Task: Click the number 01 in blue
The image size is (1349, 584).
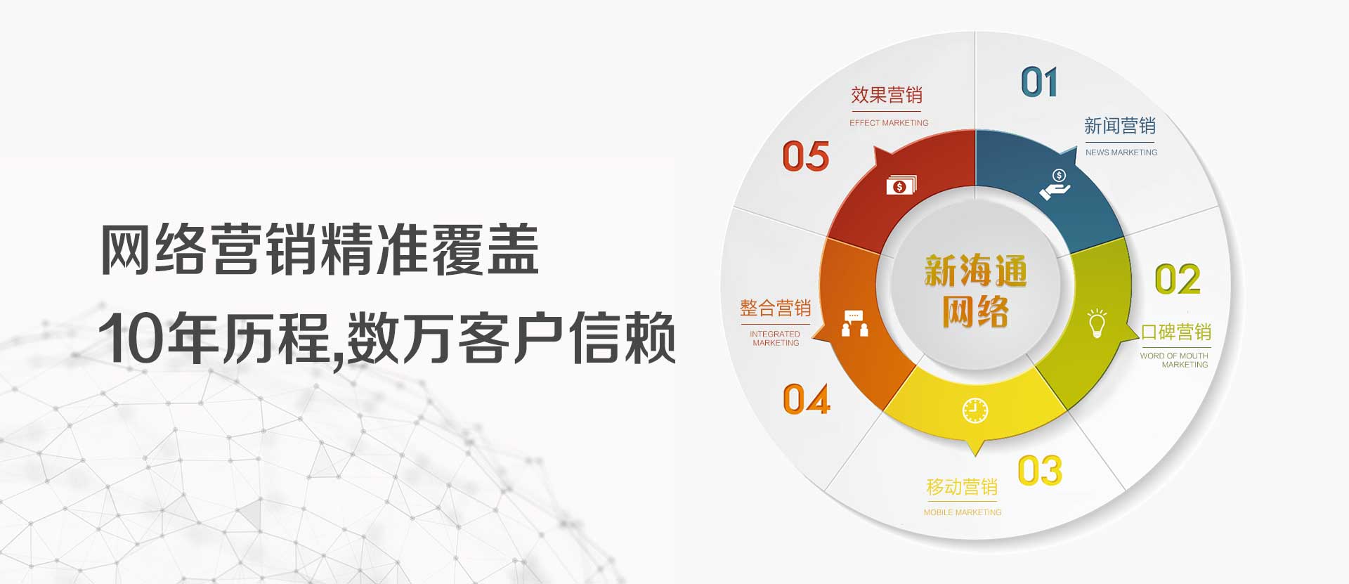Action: click(x=1039, y=82)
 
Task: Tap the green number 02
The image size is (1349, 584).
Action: click(x=1178, y=279)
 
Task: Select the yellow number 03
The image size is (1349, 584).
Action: click(x=1040, y=470)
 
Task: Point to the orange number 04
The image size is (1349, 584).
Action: click(x=807, y=399)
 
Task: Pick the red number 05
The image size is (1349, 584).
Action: click(x=806, y=156)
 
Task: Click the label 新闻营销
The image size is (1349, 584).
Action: click(x=1120, y=126)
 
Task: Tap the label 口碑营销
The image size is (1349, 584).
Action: click(x=1175, y=332)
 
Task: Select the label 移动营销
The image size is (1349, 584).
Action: click(x=962, y=487)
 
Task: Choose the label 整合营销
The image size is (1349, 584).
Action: click(x=775, y=308)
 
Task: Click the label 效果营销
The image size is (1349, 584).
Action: click(x=887, y=95)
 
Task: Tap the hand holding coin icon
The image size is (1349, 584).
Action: click(x=1055, y=184)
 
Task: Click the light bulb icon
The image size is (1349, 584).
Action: click(x=1097, y=323)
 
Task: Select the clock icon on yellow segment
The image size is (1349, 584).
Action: click(x=975, y=410)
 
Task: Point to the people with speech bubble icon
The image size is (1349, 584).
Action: click(x=854, y=323)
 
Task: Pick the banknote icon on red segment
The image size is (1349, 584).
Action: click(x=901, y=185)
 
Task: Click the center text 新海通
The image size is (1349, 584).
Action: click(x=975, y=271)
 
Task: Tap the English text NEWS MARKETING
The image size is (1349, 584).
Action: click(x=1121, y=153)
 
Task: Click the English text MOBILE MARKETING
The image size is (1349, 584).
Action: click(x=963, y=512)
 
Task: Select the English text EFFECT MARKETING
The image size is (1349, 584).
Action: click(x=889, y=123)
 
